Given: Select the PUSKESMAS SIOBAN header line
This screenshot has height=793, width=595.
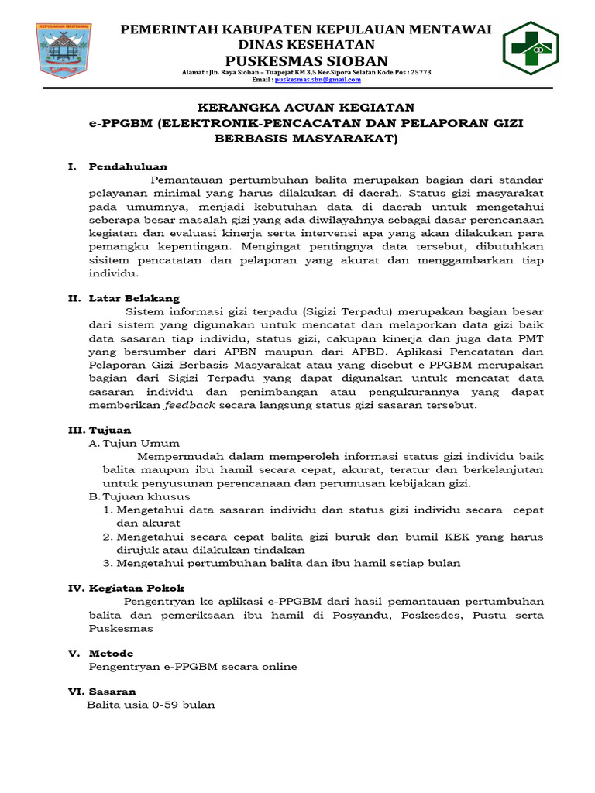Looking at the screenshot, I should [x=305, y=60].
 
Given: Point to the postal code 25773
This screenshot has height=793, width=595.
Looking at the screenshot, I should [x=419, y=71].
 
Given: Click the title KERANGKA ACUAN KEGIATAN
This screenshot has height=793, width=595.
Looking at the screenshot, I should [x=305, y=107].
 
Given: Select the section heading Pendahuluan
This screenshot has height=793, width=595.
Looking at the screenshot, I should [x=128, y=166].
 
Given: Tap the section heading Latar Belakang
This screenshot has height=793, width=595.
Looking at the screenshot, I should [x=134, y=298].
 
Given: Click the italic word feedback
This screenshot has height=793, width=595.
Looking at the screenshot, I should [x=189, y=405].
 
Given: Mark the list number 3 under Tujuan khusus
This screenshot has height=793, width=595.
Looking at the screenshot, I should [x=107, y=563].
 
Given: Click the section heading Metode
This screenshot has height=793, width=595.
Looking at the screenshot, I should [x=111, y=654].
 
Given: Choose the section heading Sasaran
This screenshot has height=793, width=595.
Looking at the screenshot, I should [x=112, y=692].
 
